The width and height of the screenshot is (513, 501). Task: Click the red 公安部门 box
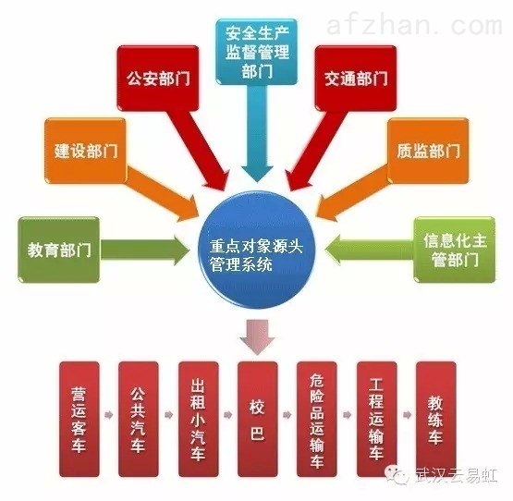[158, 79]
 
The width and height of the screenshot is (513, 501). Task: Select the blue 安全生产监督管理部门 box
[257, 52]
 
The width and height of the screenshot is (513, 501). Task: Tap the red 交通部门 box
[356, 79]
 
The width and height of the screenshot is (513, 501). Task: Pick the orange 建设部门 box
[85, 150]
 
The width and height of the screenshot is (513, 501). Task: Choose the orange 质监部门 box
[428, 150]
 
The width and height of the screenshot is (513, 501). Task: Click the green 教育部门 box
[58, 250]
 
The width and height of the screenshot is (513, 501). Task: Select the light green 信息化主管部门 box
[455, 250]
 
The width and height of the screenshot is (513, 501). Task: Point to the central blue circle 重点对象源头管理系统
[257, 250]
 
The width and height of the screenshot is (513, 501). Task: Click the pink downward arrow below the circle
[257, 337]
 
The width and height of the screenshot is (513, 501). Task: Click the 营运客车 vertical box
[79, 419]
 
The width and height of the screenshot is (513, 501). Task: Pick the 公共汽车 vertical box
[139, 419]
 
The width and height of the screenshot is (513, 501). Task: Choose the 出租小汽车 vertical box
[198, 419]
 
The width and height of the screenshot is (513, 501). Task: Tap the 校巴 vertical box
[258, 419]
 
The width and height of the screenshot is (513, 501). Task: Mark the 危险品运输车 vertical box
[317, 419]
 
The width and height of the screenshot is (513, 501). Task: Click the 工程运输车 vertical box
[376, 419]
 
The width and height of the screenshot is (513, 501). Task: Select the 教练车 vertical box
[435, 419]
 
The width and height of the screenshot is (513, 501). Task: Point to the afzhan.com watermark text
[414, 26]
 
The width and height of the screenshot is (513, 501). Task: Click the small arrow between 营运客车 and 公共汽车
[109, 415]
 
